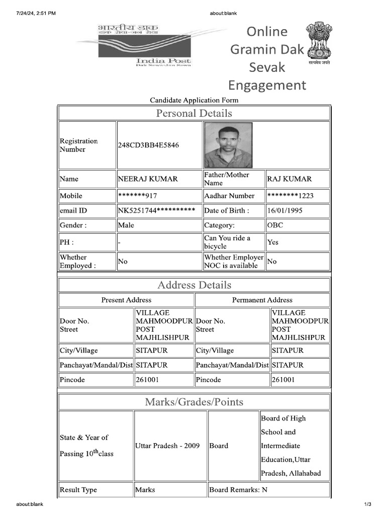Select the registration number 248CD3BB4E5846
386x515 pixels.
148,145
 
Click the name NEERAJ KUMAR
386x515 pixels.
148,179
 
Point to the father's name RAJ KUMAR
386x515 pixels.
289,179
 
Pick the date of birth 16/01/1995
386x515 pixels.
285,211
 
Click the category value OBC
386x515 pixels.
275,225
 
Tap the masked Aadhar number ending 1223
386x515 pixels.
291,196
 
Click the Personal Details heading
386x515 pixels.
194,113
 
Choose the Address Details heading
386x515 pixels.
194,285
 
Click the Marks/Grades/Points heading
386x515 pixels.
194,402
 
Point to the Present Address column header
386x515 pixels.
126,300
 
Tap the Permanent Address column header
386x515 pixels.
262,300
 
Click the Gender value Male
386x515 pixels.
126,225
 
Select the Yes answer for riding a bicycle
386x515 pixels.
273,242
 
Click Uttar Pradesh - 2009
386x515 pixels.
167,446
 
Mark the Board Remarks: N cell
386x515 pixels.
238,490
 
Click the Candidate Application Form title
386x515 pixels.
194,100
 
